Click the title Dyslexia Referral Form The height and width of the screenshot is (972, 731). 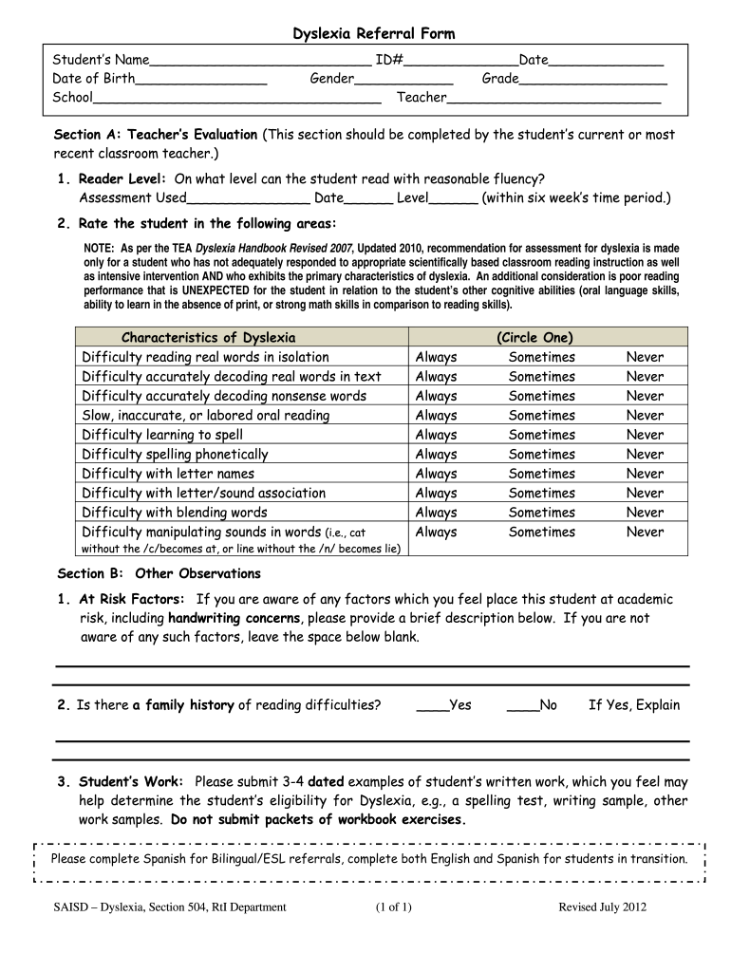click(x=373, y=34)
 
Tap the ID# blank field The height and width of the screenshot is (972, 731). click(x=460, y=62)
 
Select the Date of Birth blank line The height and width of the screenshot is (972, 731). click(x=201, y=80)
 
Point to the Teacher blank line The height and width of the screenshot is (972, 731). click(x=553, y=98)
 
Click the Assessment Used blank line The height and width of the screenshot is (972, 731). click(x=248, y=199)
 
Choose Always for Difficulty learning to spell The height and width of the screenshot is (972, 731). click(x=436, y=435)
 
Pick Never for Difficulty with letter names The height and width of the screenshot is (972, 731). click(x=645, y=474)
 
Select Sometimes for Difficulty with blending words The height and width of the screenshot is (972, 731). click(x=541, y=513)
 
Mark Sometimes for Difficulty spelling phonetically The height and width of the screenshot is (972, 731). click(x=541, y=455)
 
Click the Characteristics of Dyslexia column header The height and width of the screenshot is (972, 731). click(x=208, y=338)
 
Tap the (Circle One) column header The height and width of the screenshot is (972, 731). click(x=534, y=338)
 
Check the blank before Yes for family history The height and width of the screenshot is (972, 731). click(x=432, y=706)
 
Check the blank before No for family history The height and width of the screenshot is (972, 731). click(x=522, y=706)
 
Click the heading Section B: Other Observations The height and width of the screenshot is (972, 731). click(x=159, y=574)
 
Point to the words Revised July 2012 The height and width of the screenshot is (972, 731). click(x=602, y=907)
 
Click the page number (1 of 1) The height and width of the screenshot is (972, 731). click(x=394, y=907)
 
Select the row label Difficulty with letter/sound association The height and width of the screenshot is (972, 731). click(x=203, y=494)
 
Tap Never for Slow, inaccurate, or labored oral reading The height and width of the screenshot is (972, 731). click(x=645, y=416)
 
